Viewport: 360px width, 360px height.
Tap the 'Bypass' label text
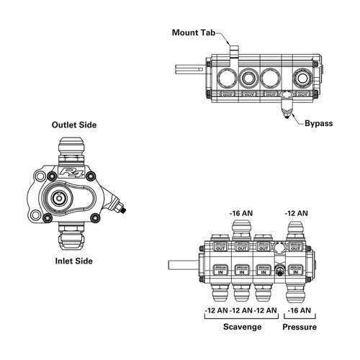pyautogui.click(x=318, y=123)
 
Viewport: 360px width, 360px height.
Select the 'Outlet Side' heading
pyautogui.click(x=74, y=125)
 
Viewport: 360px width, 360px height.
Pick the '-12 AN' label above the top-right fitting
pyautogui.click(x=297, y=214)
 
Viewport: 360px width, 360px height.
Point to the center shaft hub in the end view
pyautogui.click(x=57, y=197)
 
